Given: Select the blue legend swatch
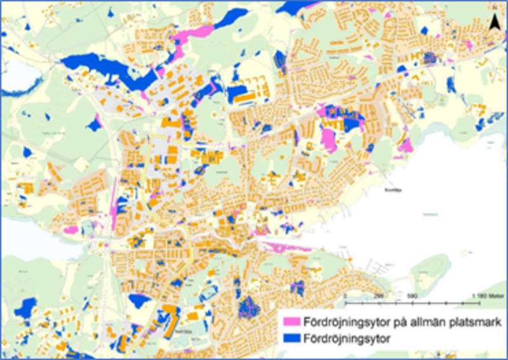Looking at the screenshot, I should [291, 340].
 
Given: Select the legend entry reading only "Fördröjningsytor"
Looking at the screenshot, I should [347, 340].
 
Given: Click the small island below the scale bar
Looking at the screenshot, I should [432, 267].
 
